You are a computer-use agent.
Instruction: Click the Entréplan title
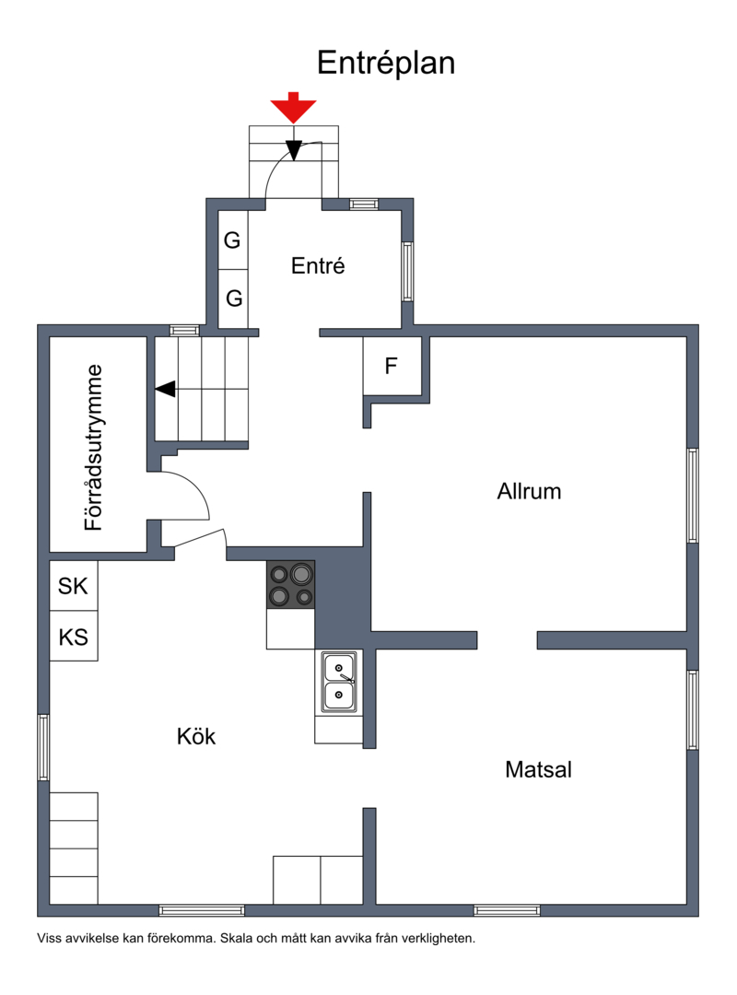point(386,64)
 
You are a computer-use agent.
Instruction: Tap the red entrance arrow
point(293,107)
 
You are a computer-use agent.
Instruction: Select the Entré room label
point(318,265)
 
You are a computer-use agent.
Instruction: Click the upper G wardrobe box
point(233,240)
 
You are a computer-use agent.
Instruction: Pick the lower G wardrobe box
point(233,298)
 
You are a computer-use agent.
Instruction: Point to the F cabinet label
point(391,366)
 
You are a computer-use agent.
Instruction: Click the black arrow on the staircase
point(166,389)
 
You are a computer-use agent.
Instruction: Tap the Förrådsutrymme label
point(94,448)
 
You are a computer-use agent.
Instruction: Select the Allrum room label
point(529,491)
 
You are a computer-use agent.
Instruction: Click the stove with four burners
point(291,584)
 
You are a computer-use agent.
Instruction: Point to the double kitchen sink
point(339,682)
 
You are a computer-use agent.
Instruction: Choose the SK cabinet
point(74,586)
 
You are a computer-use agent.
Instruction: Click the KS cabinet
point(74,637)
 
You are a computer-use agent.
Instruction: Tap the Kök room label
point(196,736)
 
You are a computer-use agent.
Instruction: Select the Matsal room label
point(538,769)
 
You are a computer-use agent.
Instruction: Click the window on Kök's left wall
point(43,747)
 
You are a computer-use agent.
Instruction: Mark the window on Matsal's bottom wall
point(507,910)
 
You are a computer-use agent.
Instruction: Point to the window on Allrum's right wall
point(693,495)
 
